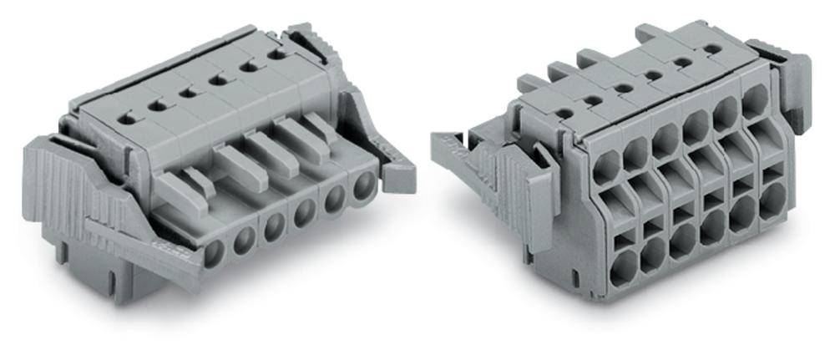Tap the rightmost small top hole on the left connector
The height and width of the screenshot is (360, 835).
pyautogui.click(x=276, y=55)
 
